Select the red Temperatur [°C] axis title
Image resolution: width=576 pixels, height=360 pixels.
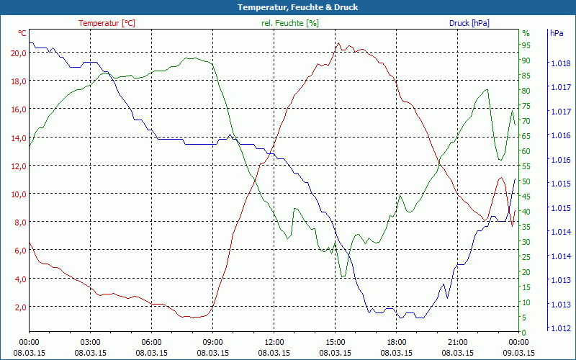tap(107, 23)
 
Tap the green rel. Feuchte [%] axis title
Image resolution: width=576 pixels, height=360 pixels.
tap(289, 23)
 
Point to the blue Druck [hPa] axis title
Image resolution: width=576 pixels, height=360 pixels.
tap(469, 23)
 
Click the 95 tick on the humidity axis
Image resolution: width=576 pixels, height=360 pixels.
tap(526, 45)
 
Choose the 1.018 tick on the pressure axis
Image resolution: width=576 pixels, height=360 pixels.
tap(560, 63)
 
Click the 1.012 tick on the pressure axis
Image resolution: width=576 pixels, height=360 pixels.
tap(560, 328)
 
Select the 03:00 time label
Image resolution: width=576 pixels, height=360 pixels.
tap(90, 342)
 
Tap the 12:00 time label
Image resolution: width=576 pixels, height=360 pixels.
tap(274, 342)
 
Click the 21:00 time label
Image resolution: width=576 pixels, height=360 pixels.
tap(458, 342)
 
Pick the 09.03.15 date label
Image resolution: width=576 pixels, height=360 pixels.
tap(519, 353)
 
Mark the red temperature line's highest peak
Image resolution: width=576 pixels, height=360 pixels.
tap(338, 43)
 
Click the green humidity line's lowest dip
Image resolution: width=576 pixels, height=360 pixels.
tap(343, 276)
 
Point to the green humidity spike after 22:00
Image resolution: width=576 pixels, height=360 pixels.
tap(487, 90)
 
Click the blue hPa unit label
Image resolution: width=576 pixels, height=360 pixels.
tap(557, 33)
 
